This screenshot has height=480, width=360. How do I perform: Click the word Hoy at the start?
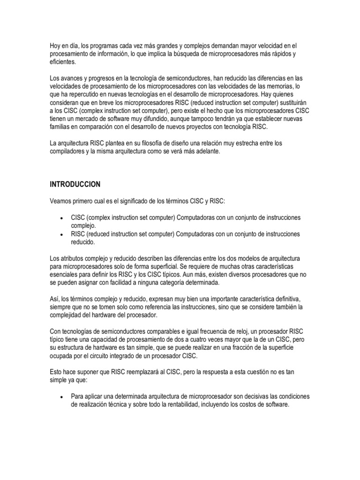click(x=56, y=45)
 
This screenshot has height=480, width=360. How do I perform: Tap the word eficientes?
click(x=62, y=62)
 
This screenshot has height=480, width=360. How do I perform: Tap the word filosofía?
click(x=150, y=143)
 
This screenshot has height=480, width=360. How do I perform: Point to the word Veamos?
click(x=62, y=201)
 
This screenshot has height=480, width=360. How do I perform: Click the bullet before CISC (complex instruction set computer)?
click(x=62, y=218)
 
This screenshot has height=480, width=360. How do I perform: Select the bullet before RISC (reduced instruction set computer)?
click(x=62, y=234)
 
